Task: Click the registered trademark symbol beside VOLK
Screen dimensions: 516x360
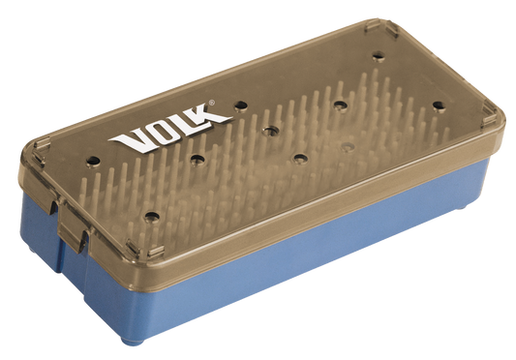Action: pos(212,103)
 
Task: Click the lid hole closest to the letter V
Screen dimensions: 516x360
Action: pos(93,162)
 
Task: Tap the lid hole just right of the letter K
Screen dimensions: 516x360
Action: pos(241,105)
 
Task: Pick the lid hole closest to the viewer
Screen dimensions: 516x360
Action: pos(152,217)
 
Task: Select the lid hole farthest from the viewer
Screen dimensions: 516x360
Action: pos(379,56)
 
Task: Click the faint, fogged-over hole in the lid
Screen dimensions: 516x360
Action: pos(348,146)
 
